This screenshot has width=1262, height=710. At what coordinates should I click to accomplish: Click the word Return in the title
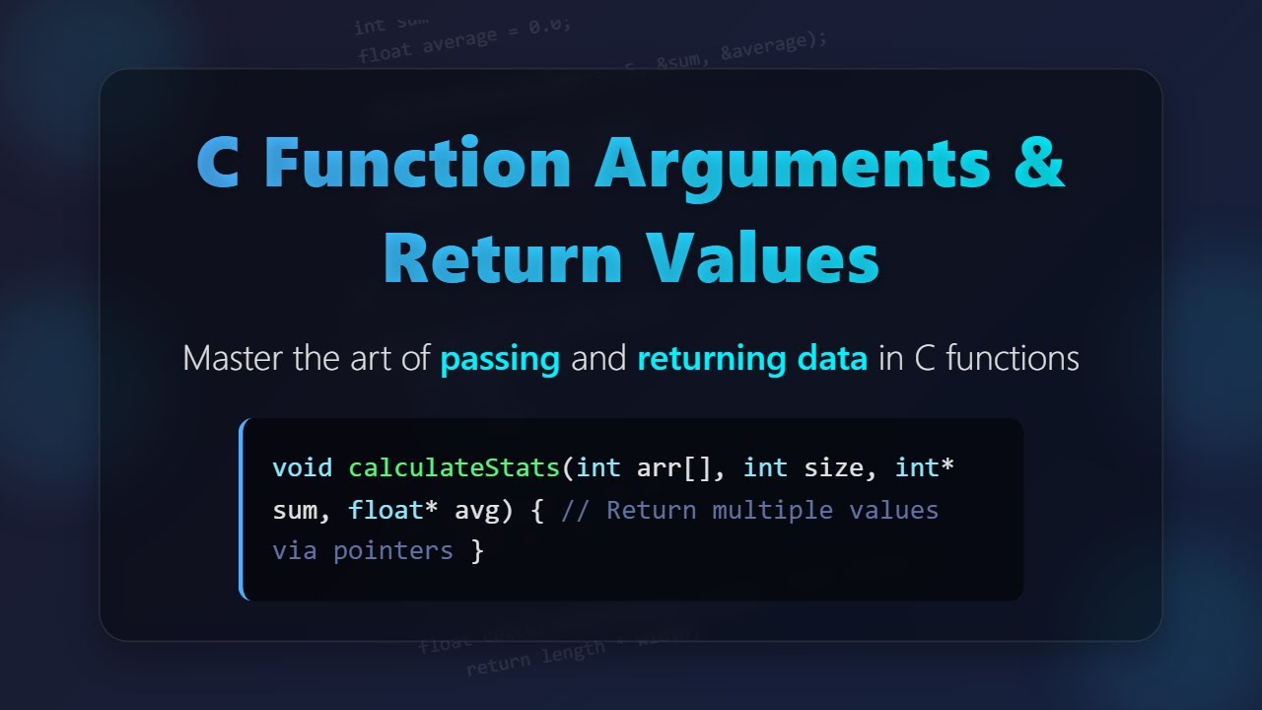[x=503, y=258]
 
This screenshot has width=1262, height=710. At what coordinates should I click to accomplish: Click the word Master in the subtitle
[x=234, y=358]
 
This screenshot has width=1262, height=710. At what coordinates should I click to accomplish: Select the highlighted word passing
[x=500, y=358]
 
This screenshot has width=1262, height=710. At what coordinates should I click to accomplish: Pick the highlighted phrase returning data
[x=752, y=358]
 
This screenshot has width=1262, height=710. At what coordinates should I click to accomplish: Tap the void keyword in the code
[x=302, y=466]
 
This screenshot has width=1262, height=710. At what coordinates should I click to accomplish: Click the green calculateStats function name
[x=455, y=466]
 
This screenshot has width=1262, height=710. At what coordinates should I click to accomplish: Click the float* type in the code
[x=393, y=510]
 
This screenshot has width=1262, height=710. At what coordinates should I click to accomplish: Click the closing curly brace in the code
[x=478, y=550]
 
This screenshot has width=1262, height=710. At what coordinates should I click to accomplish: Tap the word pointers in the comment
[x=392, y=550]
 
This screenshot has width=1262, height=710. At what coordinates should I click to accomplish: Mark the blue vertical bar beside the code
[x=242, y=509]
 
